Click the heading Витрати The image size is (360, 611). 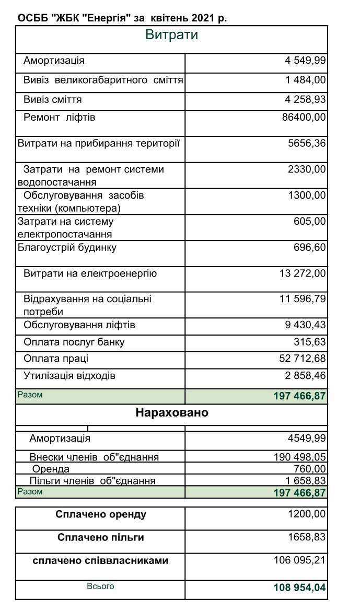pyautogui.click(x=171, y=35)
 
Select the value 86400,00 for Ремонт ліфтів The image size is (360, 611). pyautogui.click(x=304, y=117)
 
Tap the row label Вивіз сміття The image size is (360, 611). pyautogui.click(x=52, y=99)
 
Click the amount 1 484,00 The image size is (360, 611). pyautogui.click(x=305, y=80)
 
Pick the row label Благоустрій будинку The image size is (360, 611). pyautogui.click(x=67, y=247)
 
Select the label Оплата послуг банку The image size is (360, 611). pyautogui.click(x=74, y=342)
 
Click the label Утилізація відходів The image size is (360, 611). pyautogui.click(x=69, y=376)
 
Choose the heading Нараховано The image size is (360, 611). pyautogui.click(x=171, y=412)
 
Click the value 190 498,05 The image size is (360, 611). pyautogui.click(x=299, y=457)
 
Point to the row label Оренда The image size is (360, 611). pyautogui.click(x=51, y=469)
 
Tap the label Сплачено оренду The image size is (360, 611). pyautogui.click(x=101, y=514)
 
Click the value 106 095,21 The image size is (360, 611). pyautogui.click(x=299, y=560)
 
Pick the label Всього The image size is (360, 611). pyautogui.click(x=100, y=586)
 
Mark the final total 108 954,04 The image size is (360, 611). pyautogui.click(x=299, y=588)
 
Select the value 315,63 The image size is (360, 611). pyautogui.click(x=310, y=342)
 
